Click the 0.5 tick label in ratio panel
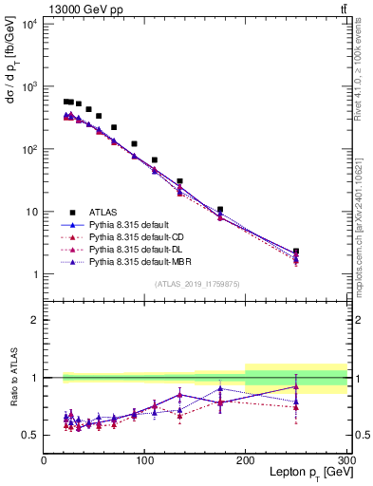click(30, 436)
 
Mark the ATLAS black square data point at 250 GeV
click(296, 252)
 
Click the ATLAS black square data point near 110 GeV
click(155, 159)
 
